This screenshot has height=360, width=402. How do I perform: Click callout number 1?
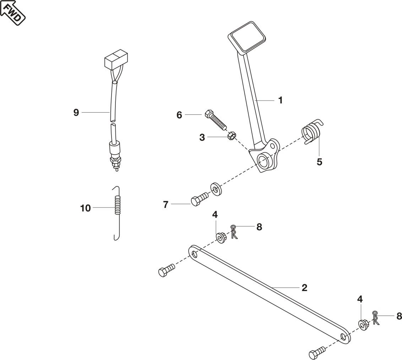tap(281, 101)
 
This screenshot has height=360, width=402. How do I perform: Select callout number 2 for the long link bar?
tap(304, 288)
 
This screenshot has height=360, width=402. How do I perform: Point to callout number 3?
tap(202, 138)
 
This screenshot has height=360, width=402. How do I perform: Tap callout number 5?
tap(319, 162)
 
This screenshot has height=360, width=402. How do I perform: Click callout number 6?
tap(179, 115)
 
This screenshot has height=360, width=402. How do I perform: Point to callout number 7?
tap(166, 205)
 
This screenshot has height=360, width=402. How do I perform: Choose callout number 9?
tap(76, 113)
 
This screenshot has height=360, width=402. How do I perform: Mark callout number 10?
tap(86, 208)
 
